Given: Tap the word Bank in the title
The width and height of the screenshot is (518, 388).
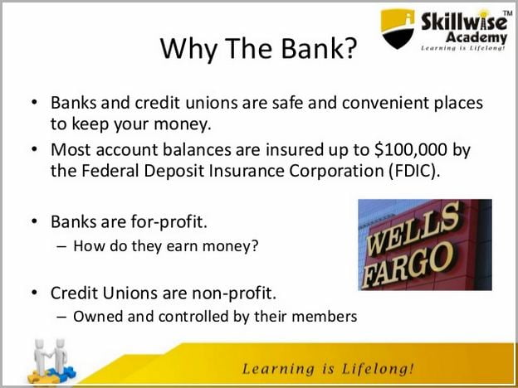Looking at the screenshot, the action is pyautogui.click(x=311, y=48).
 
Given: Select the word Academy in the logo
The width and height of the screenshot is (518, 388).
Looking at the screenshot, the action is pyautogui.click(x=476, y=37).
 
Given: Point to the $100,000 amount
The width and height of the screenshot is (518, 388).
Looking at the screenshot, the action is pyautogui.click(x=411, y=150).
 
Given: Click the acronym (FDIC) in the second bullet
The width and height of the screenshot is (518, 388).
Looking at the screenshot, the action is pyautogui.click(x=414, y=172).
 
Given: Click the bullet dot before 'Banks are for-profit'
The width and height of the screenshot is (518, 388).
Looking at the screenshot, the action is pyautogui.click(x=34, y=221).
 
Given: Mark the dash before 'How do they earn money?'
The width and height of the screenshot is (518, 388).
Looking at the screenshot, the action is pyautogui.click(x=61, y=247).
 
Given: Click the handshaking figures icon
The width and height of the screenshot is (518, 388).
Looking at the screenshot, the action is pyautogui.click(x=51, y=361).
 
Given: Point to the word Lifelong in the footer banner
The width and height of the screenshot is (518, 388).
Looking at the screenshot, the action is pyautogui.click(x=377, y=369).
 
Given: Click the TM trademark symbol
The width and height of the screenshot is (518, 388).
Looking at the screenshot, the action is pyautogui.click(x=509, y=13).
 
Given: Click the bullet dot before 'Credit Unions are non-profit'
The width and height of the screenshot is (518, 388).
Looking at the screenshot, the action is pyautogui.click(x=34, y=292).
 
